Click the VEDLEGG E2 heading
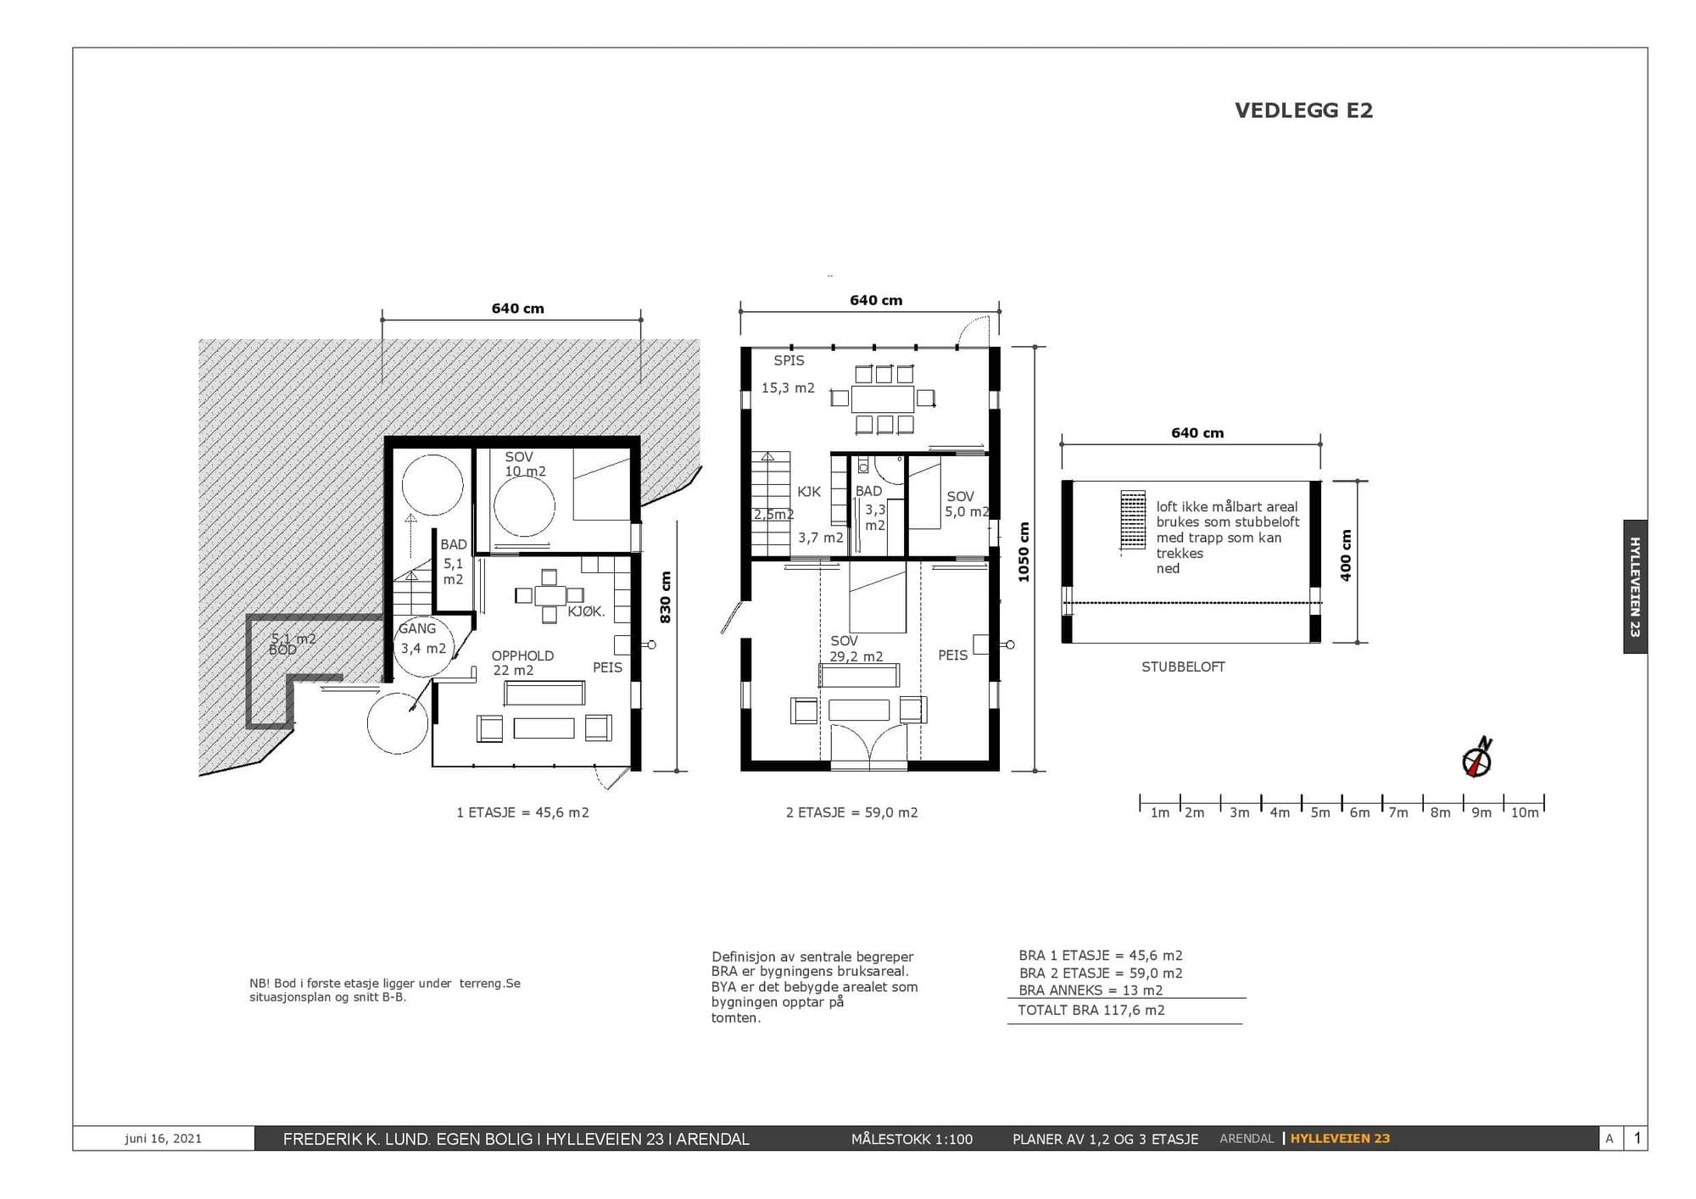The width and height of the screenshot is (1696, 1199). [1303, 110]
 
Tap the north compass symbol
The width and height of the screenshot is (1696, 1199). [1478, 757]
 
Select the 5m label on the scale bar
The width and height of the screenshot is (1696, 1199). [1320, 812]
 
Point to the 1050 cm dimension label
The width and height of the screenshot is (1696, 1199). [1024, 552]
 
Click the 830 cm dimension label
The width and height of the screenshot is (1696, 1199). [666, 597]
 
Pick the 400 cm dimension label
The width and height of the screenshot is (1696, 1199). [1346, 555]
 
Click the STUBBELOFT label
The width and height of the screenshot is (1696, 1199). [1183, 666]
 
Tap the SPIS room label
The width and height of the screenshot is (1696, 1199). [789, 360]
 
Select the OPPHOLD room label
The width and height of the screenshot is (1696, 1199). [522, 655]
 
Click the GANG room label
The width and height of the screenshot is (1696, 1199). [417, 628]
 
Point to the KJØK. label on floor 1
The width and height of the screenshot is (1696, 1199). [586, 611]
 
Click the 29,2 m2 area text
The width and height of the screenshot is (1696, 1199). [856, 656]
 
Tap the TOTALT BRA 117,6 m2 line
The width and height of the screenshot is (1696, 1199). [1091, 1010]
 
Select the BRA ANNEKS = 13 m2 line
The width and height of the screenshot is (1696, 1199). [1091, 990]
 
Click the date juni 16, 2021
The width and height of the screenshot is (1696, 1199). [163, 1139]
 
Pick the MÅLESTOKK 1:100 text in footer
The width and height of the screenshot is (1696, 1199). [912, 1139]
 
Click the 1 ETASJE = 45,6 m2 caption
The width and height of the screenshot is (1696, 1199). [522, 812]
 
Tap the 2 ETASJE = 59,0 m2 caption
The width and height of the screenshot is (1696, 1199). [851, 812]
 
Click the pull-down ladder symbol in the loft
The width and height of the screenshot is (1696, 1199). [1132, 521]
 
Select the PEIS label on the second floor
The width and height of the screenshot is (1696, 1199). [952, 655]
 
